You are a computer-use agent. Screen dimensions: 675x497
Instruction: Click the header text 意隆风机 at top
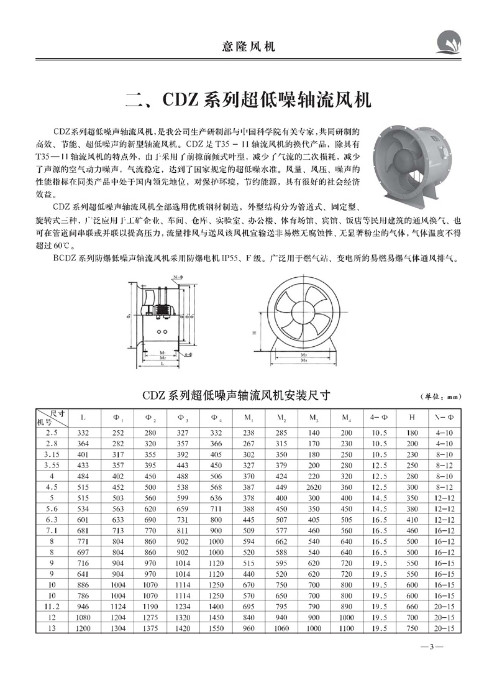point(248,46)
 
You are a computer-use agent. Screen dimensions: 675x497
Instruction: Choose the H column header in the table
point(413,417)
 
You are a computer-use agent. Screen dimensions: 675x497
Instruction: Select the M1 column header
point(248,417)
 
